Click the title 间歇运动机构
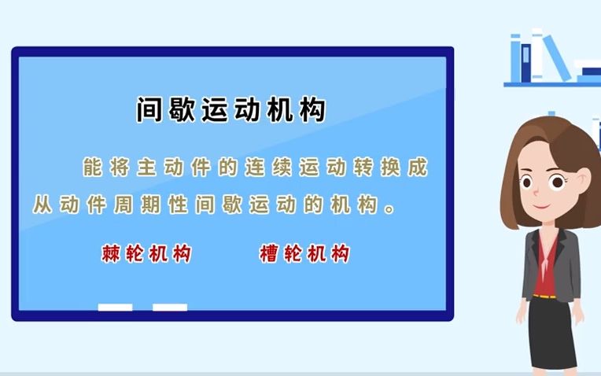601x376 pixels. click(x=230, y=110)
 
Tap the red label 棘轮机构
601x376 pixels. click(x=146, y=254)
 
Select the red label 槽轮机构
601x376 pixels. click(x=304, y=254)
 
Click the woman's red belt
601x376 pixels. click(x=544, y=297)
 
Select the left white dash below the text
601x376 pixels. click(x=115, y=307)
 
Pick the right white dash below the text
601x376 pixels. click(x=170, y=307)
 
